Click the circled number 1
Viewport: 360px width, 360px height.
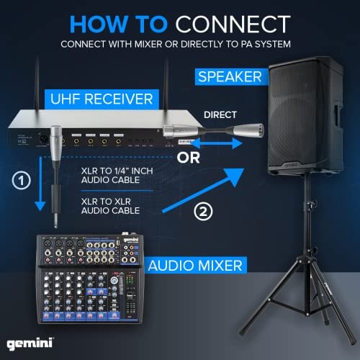[24, 180]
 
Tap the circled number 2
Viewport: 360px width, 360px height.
[204, 213]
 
